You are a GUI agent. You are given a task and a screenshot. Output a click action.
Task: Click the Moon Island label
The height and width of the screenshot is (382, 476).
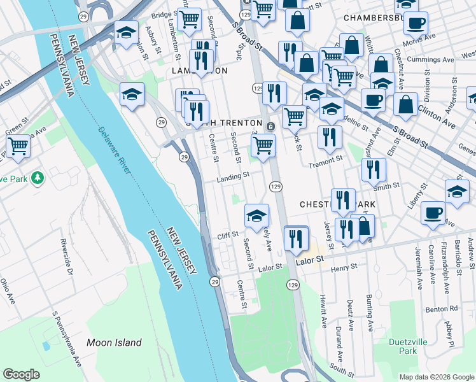(x=114, y=343)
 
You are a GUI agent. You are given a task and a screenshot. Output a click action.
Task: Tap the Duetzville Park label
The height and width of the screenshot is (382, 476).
(x=403, y=346)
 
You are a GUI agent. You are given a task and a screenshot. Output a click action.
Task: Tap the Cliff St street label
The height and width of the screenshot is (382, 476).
(x=227, y=236)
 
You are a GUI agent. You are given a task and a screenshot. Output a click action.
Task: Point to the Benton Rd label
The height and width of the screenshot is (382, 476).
(x=444, y=308)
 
